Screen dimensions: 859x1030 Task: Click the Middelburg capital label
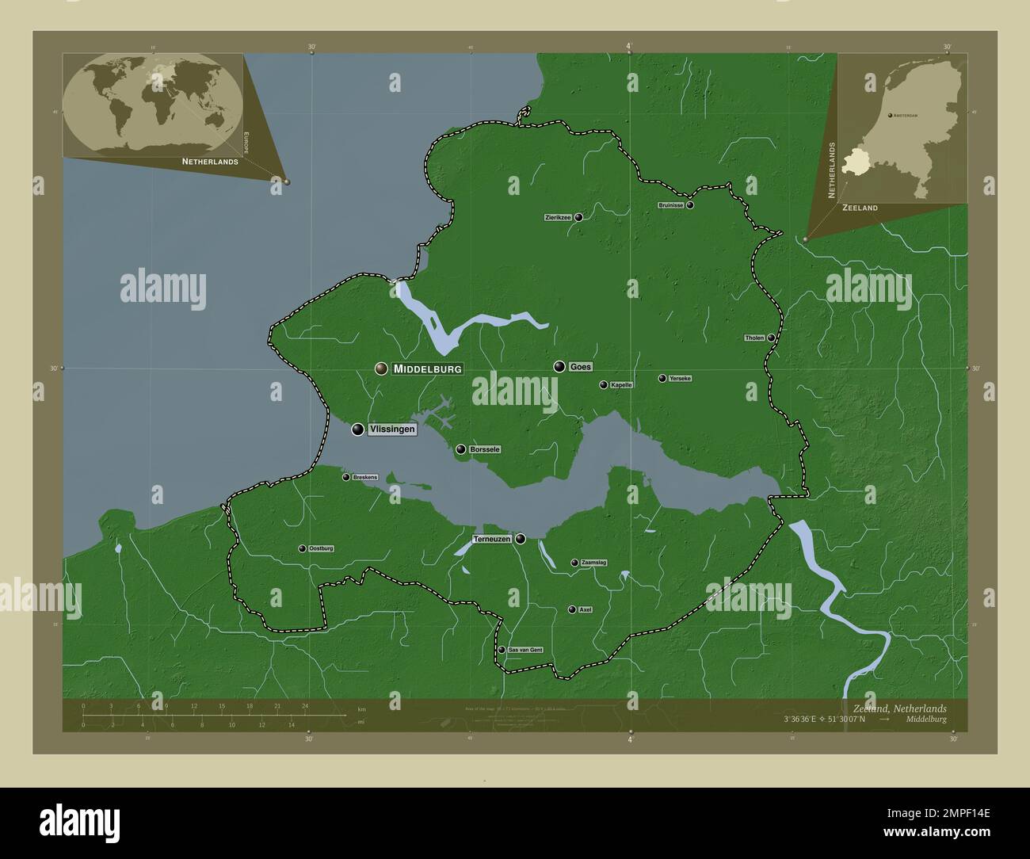[x=427, y=368]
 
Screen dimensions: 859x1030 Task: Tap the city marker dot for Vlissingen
[x=358, y=429]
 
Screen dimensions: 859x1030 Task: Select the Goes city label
[x=581, y=367]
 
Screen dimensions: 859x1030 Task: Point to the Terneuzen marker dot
[x=521, y=539]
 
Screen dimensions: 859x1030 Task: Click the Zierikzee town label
[x=558, y=217]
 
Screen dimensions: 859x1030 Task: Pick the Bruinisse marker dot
[x=690, y=205]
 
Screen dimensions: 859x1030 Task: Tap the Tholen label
[x=754, y=338]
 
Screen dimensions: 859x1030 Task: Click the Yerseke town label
[x=680, y=379]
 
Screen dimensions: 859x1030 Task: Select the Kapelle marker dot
[x=604, y=385]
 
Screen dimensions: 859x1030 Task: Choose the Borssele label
[x=485, y=449]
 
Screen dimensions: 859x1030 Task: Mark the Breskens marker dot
[x=345, y=477]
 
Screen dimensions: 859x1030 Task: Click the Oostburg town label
[x=321, y=548]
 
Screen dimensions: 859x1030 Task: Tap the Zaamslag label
[x=593, y=563]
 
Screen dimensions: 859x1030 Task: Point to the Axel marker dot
[x=571, y=610]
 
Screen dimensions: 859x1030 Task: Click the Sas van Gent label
[x=525, y=650]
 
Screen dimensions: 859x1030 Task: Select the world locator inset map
[x=153, y=105]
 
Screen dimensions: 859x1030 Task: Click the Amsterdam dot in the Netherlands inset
[x=891, y=116]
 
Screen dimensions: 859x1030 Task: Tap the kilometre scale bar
[x=214, y=715]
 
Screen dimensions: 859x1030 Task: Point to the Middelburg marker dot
[x=382, y=368]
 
